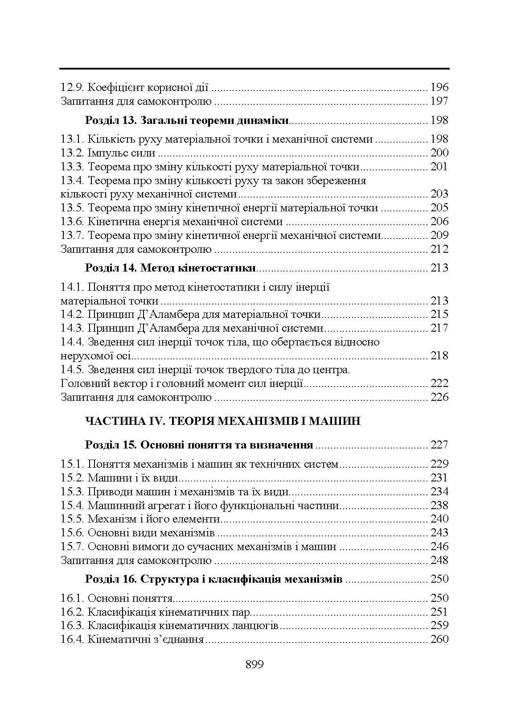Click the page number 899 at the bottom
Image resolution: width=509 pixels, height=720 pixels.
254,665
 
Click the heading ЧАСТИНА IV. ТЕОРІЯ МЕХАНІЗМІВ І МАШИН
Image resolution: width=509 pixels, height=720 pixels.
222,421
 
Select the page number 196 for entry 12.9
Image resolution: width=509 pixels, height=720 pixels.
439,87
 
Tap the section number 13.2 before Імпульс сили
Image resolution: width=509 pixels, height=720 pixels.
72,153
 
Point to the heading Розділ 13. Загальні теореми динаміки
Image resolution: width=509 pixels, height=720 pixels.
187,120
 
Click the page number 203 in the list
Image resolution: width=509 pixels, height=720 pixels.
439,194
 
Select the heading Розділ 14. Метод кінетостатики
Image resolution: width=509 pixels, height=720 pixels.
170,268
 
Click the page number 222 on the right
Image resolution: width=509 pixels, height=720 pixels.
439,383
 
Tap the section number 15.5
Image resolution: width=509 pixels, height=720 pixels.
72,519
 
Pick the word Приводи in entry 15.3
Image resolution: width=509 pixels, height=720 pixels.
105,492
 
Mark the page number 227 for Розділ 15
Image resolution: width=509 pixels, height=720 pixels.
439,445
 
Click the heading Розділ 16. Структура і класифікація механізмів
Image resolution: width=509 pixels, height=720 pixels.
213,579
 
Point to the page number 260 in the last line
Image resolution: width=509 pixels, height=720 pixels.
439,639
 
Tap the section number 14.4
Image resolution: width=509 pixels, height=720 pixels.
72,342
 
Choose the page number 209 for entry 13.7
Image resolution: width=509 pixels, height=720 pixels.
439,235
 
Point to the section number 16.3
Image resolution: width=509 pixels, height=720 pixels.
72,626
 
